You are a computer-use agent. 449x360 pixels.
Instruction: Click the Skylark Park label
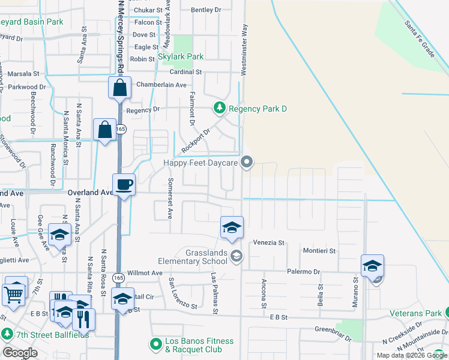pos(181,57)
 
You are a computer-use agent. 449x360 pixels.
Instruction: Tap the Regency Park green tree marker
pos(220,108)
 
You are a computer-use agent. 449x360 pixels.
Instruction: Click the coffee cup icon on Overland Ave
pos(124,184)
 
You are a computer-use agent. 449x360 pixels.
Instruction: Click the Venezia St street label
pos(268,242)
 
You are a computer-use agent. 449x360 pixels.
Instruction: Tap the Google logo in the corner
pos(20,353)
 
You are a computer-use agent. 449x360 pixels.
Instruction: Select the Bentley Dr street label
pos(206,10)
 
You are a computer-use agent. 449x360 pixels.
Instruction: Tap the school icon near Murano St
pos(372,266)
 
